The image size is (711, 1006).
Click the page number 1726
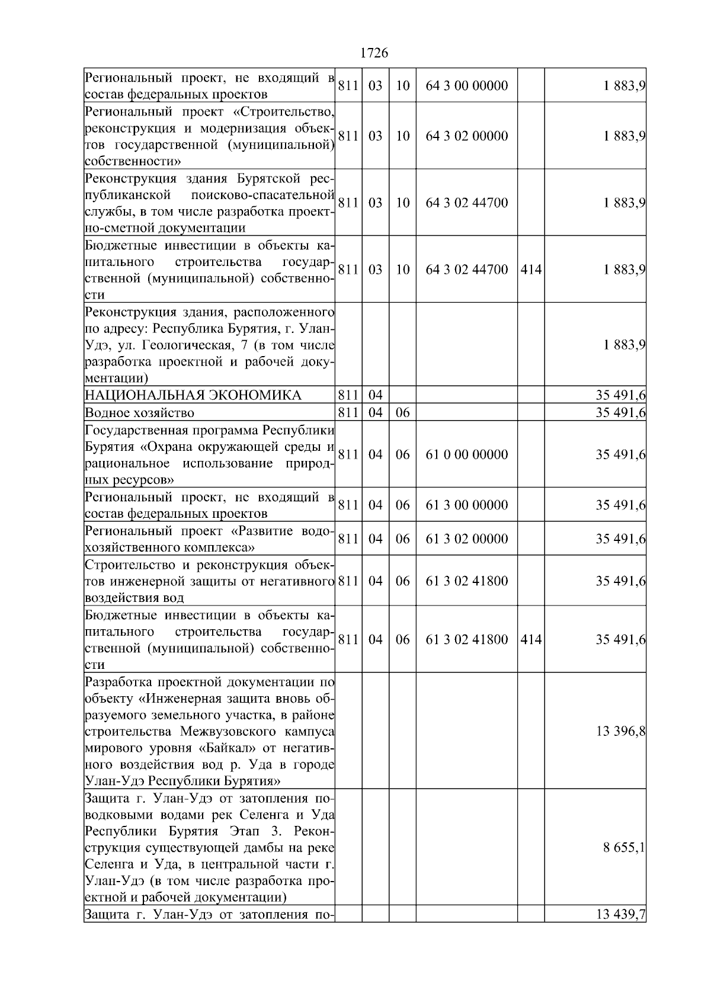click(x=374, y=53)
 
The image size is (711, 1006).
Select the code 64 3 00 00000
click(x=467, y=86)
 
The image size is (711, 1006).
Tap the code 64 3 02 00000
click(x=467, y=136)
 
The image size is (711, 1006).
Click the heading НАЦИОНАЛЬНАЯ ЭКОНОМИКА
click(x=193, y=396)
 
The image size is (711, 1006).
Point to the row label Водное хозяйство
click(x=139, y=413)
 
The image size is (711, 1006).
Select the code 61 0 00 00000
click(x=467, y=455)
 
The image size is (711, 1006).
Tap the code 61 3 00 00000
click(x=467, y=505)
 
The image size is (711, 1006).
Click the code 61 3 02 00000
click(x=467, y=539)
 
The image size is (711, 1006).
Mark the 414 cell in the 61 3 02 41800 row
click(x=531, y=640)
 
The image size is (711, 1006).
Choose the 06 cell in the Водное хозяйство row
click(x=402, y=413)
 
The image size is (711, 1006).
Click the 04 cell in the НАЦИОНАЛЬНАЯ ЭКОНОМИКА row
click(x=376, y=396)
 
